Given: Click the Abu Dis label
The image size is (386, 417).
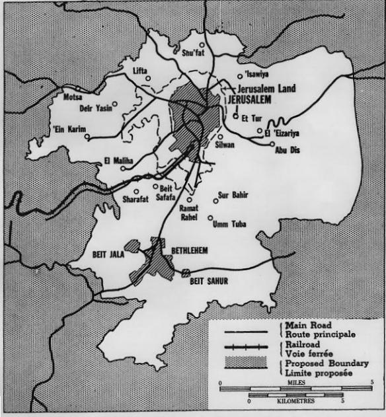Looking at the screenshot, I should pos(287,149).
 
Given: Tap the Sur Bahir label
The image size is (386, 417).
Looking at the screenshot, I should pos(232,194).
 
